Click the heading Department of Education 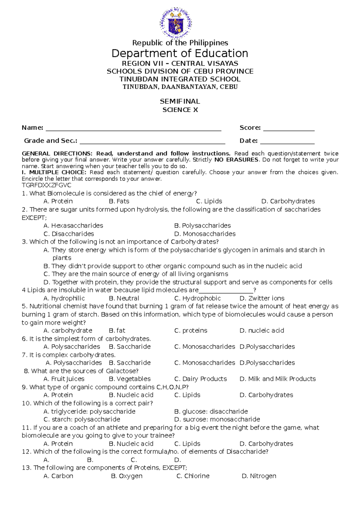pyautogui.click(x=180, y=53)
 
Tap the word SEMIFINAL pyautogui.click(x=180, y=101)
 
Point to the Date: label pyautogui.click(x=248, y=141)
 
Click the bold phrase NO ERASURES pyautogui.click(x=236, y=160)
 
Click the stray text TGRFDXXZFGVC pyautogui.click(x=46, y=185)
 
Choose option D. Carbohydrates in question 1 pyautogui.click(x=288, y=201)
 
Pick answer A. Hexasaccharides pyautogui.click(x=73, y=225)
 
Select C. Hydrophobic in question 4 pyautogui.click(x=197, y=298)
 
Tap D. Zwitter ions pyautogui.click(x=262, y=298)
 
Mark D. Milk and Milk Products pyautogui.click(x=277, y=379)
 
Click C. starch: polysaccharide pyautogui.click(x=82, y=419)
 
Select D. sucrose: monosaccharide pyautogui.click(x=217, y=419)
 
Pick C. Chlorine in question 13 pyautogui.click(x=193, y=476)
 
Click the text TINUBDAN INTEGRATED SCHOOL pyautogui.click(x=180, y=79)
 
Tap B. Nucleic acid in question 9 pyautogui.click(x=131, y=395)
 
